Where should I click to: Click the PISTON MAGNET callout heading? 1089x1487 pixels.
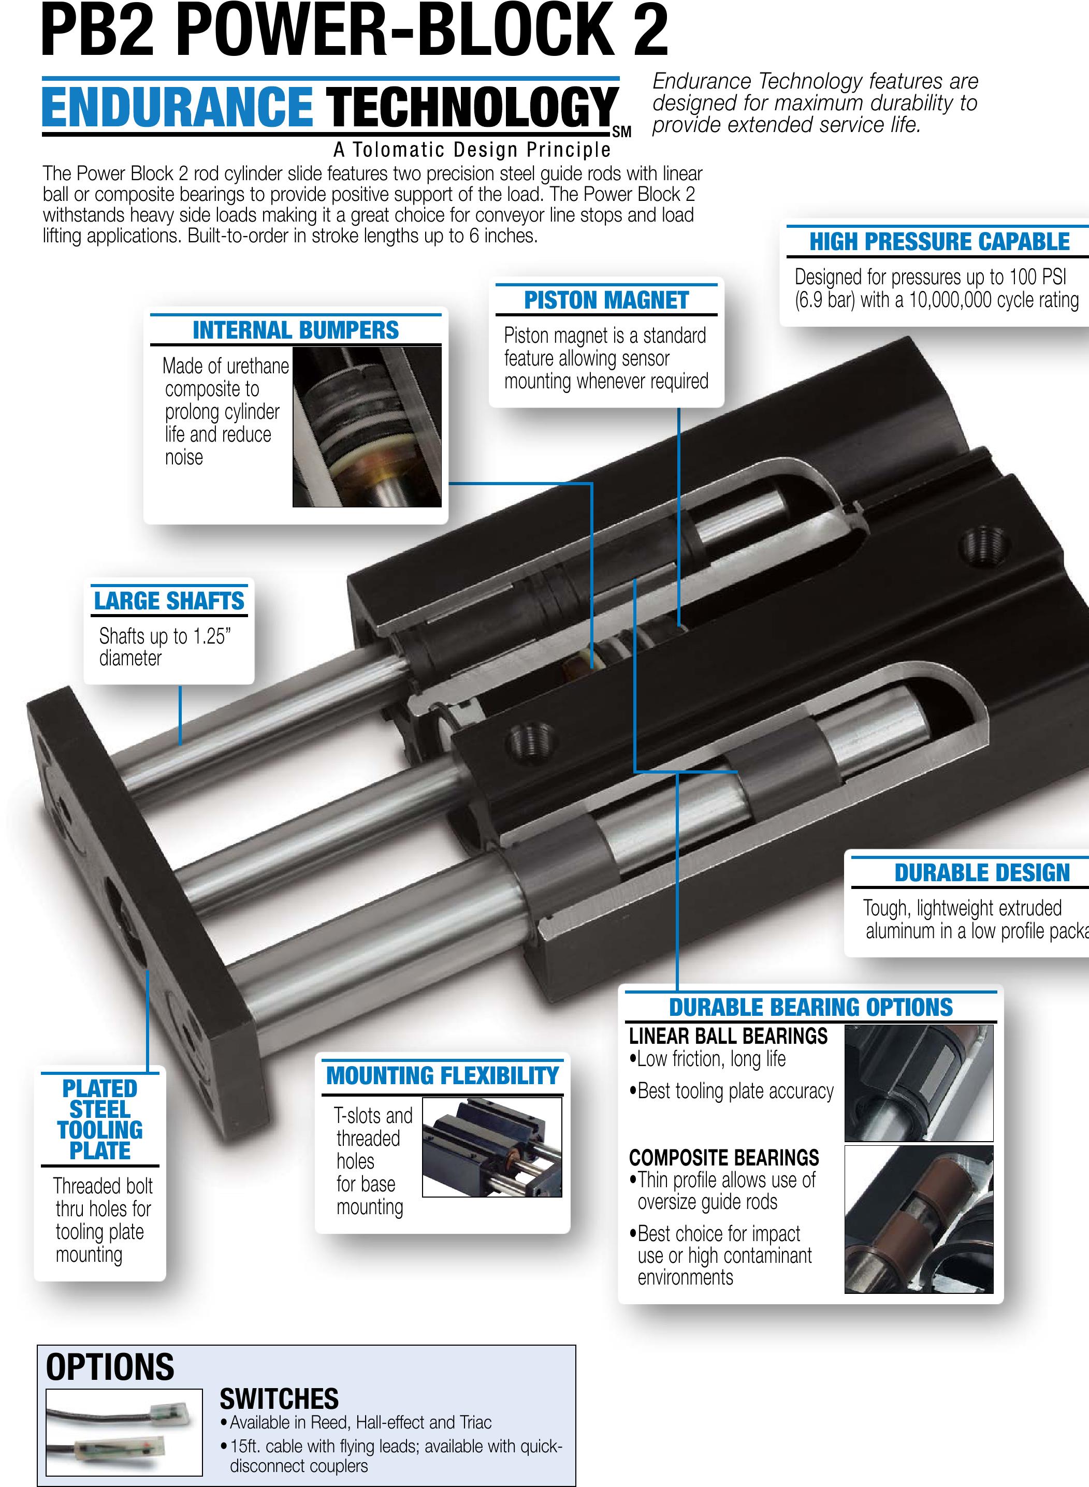pos(606,301)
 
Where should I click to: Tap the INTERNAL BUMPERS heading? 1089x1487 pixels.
pos(295,330)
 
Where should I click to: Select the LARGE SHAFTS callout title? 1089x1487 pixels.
pos(169,601)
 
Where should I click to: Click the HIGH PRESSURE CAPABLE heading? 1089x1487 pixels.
pos(939,242)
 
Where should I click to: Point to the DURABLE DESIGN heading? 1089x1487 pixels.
pos(982,873)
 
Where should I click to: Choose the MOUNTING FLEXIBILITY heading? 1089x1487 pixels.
pos(442,1076)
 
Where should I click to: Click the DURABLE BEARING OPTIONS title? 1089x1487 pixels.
pos(811,1007)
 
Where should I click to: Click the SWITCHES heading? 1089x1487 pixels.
pos(279,1398)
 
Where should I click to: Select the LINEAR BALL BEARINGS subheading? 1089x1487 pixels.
pos(728,1036)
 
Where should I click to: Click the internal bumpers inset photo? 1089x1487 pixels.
pos(367,427)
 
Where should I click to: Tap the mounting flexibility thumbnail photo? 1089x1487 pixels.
pos(492,1147)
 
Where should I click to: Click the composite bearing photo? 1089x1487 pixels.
pos(918,1219)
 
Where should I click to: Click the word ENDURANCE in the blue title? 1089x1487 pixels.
pos(177,107)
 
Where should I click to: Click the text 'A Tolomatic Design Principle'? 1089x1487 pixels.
pos(472,150)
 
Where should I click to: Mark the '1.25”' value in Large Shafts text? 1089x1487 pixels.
pos(212,636)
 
